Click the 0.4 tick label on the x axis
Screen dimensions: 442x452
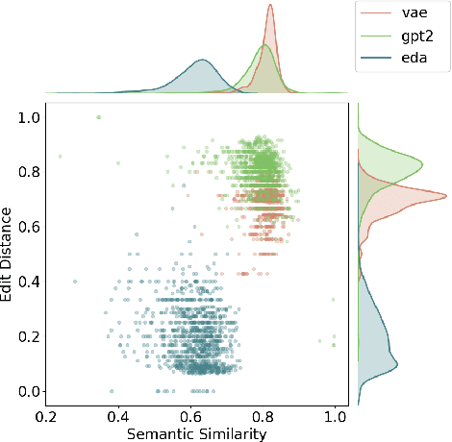point(119,418)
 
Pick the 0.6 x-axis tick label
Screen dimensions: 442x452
point(191,418)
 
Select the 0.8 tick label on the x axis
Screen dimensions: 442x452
point(264,418)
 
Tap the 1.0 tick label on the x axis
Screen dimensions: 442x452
point(335,418)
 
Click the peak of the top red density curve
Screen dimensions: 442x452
point(270,6)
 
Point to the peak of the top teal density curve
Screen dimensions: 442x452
point(202,61)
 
